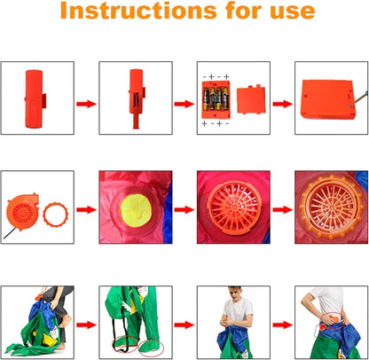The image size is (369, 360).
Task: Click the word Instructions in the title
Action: (138, 11)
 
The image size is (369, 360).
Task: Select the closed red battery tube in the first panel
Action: (34, 98)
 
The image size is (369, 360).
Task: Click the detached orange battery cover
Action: (251, 100)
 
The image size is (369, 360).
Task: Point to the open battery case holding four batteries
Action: (216, 99)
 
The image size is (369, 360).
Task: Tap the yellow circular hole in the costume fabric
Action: (136, 210)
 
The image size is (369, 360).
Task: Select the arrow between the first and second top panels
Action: (86, 104)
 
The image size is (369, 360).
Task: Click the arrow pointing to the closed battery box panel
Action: (282, 104)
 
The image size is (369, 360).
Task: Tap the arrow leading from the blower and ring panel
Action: (86, 210)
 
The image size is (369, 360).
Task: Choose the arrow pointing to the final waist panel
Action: (282, 325)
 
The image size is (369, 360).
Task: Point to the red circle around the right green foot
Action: (151, 348)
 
